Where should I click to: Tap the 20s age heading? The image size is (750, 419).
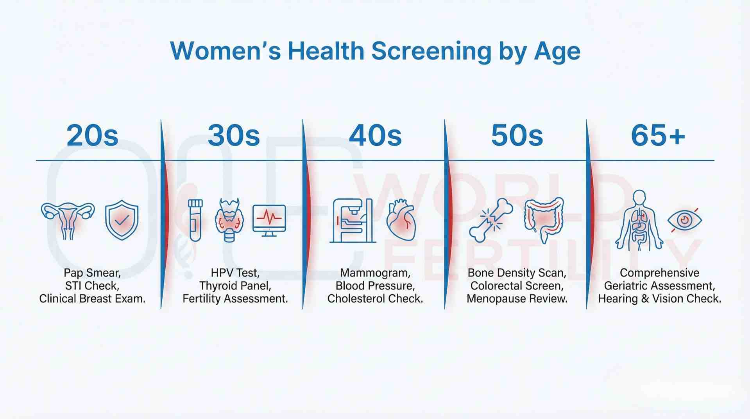coord(92,136)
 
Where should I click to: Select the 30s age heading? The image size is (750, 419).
coord(234,136)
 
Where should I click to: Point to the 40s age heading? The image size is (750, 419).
coord(375,136)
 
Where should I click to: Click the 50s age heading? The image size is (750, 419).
coord(517,136)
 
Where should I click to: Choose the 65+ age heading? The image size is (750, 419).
coord(658,136)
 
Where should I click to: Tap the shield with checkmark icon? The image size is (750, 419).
coord(122,220)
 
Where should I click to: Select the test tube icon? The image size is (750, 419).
coord(195,220)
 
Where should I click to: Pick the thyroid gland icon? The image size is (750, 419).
coord(229,220)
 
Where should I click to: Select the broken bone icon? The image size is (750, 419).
coord(491,220)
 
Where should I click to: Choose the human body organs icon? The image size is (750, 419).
coord(639,220)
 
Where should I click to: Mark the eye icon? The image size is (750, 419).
coord(685,220)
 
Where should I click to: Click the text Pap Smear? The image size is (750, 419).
coord(91,273)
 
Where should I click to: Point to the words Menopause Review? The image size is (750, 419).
coord(517,299)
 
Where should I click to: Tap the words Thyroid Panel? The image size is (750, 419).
coord(235,286)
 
